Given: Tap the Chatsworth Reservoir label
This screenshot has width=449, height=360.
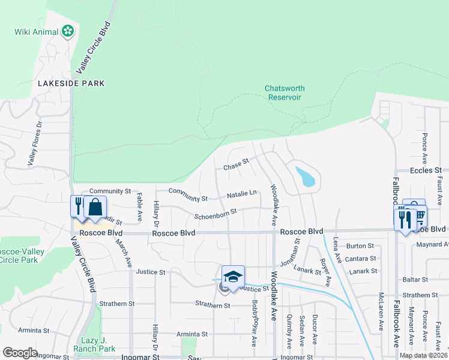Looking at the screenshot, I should click(x=284, y=92).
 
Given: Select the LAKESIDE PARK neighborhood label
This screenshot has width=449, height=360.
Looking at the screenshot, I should click(x=71, y=83).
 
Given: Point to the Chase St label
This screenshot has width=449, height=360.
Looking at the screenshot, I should click(x=236, y=163).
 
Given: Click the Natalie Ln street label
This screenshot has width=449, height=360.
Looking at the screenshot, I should click(x=242, y=195).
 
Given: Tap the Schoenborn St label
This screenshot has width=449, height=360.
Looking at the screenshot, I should click(x=215, y=213).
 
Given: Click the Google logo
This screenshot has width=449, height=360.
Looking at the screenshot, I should click(x=20, y=353).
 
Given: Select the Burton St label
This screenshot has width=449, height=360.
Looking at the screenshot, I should click(x=360, y=246).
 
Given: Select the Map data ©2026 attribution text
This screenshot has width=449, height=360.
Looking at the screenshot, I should click(x=423, y=355).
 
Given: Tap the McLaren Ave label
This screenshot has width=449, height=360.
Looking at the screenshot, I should click(x=381, y=312).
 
